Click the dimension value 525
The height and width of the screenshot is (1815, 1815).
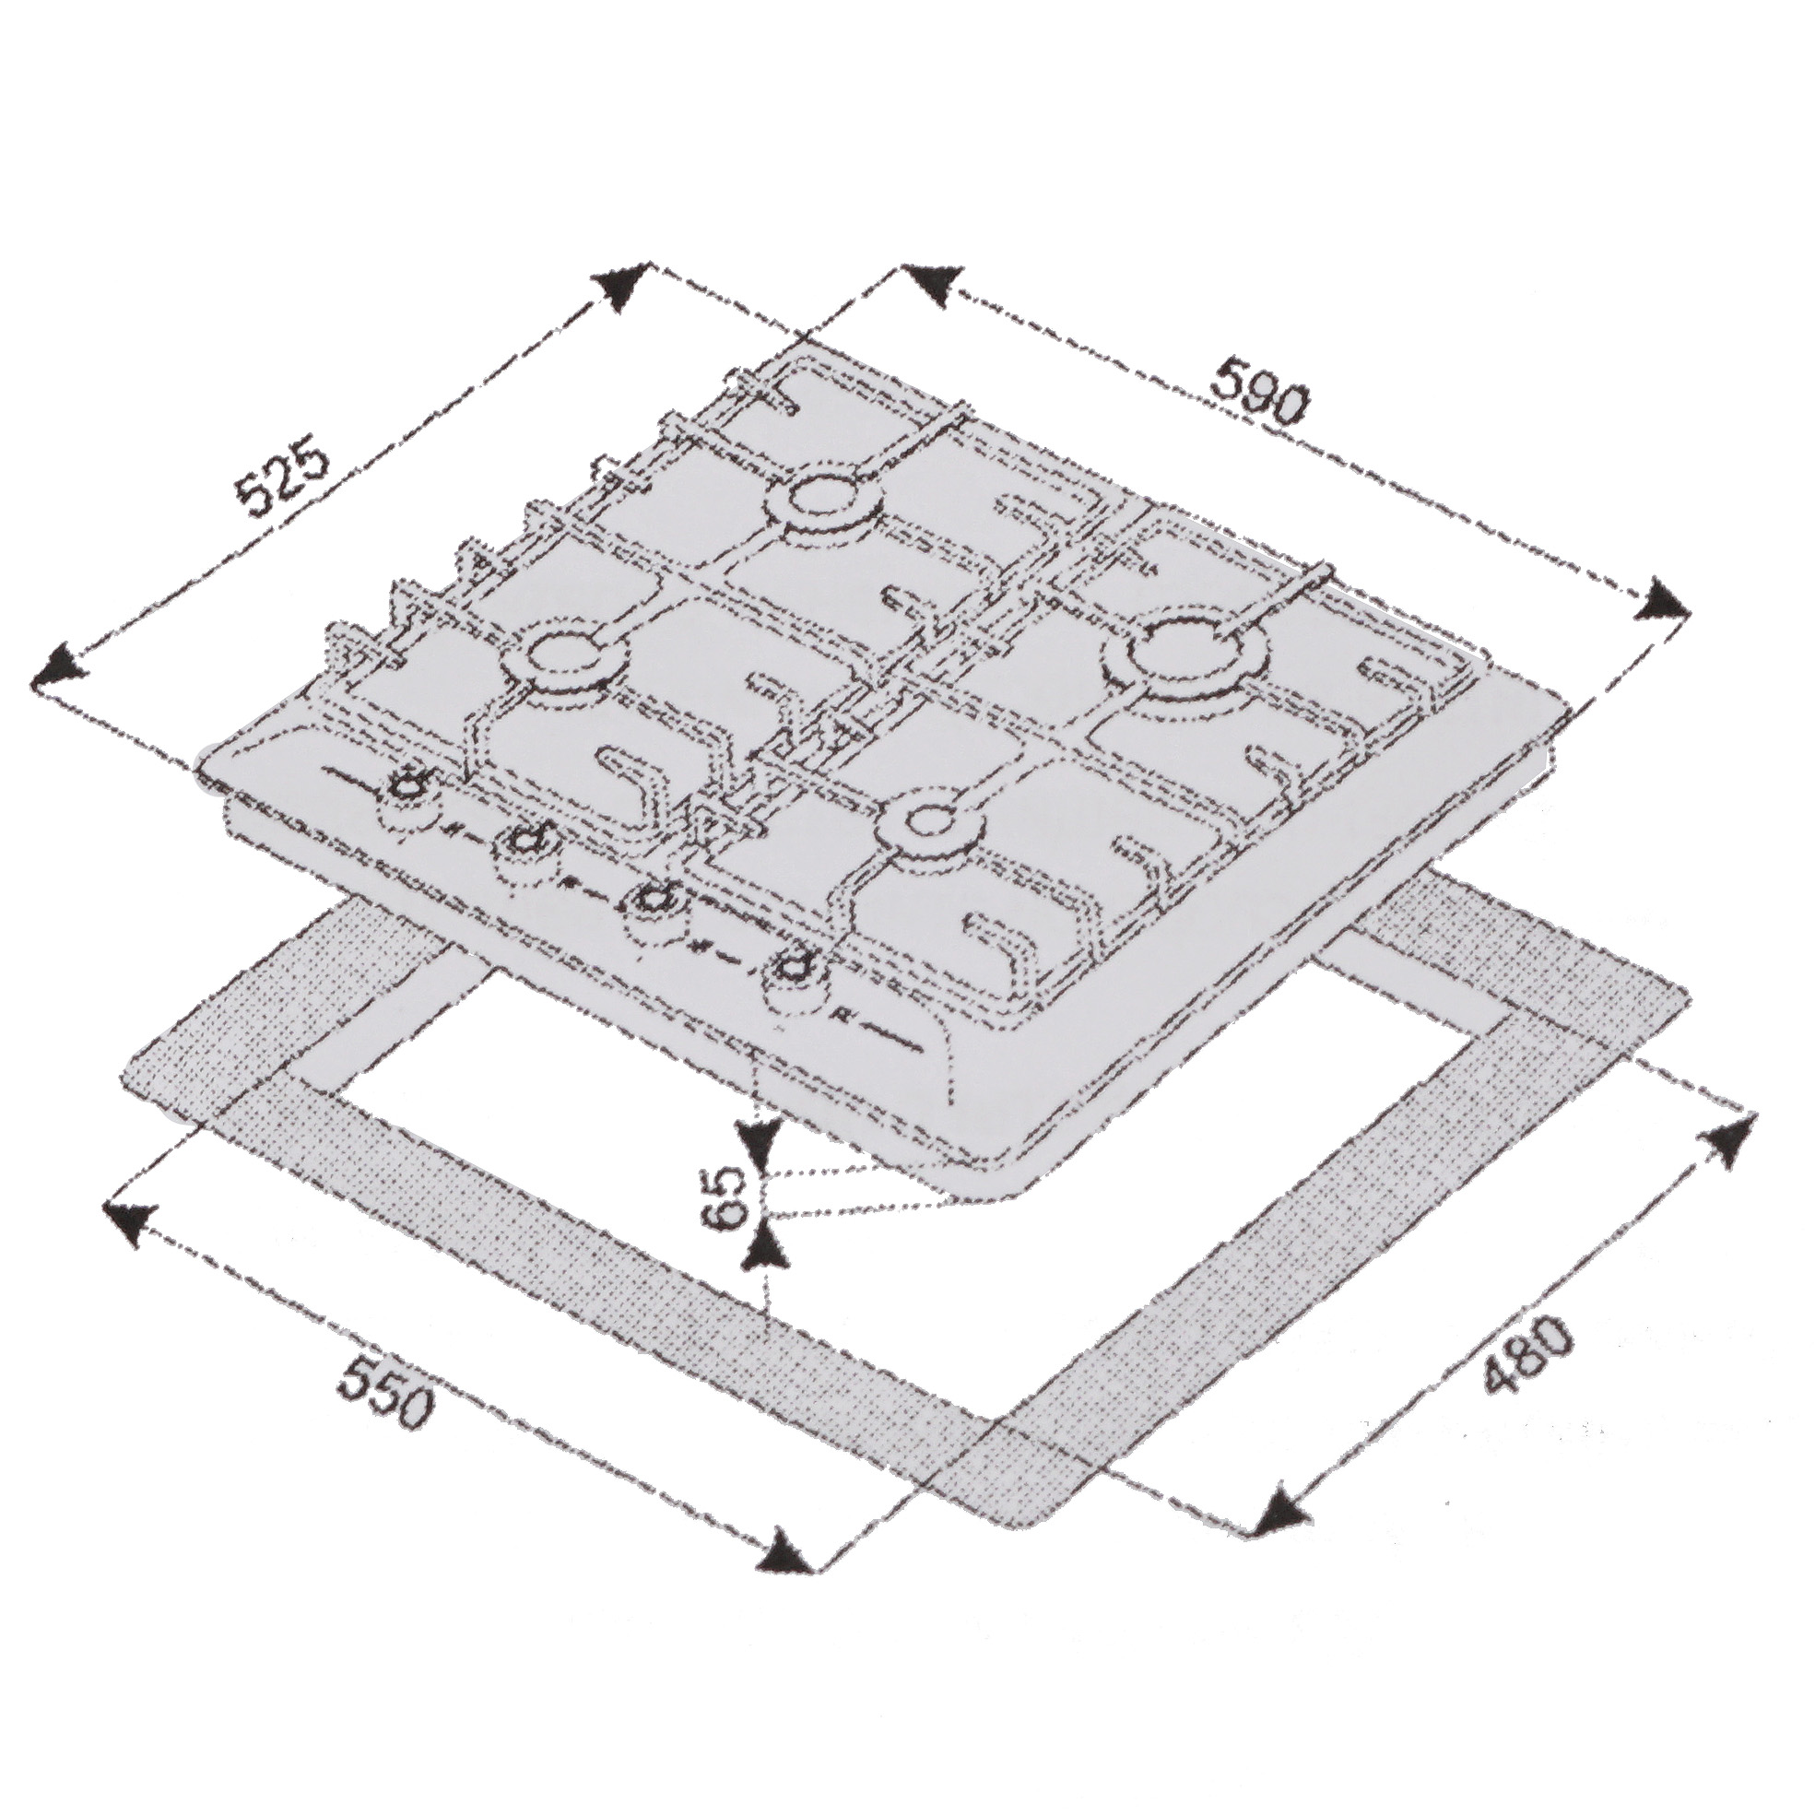tap(282, 483)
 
